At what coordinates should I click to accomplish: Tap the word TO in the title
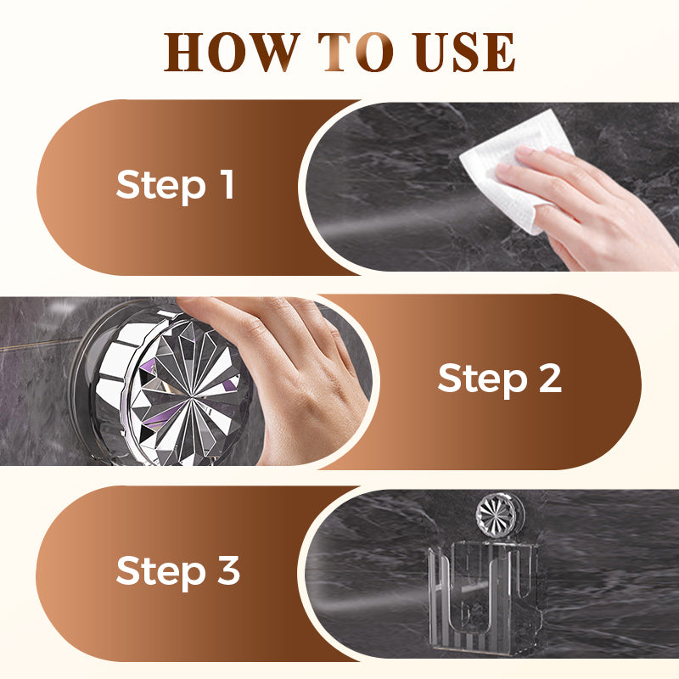(356, 52)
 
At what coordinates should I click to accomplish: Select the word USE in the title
(463, 52)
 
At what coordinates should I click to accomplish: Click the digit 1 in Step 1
(227, 184)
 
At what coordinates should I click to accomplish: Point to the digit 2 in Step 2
(550, 378)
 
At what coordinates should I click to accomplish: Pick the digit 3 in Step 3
(228, 570)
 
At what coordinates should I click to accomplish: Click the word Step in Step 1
(160, 186)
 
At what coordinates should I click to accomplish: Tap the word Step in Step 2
(482, 379)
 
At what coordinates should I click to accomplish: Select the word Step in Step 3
(160, 572)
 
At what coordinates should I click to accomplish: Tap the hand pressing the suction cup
(286, 368)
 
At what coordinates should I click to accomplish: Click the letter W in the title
(271, 52)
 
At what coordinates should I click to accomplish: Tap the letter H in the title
(183, 52)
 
